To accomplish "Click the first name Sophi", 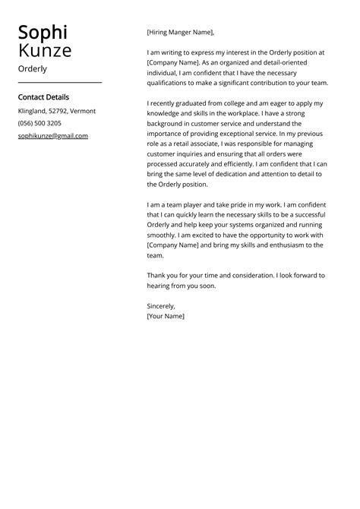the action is [43, 32].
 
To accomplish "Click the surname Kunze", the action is [45, 51].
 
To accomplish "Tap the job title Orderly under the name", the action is [33, 69].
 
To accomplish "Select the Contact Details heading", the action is [43, 97].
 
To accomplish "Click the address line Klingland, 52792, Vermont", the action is [57, 111].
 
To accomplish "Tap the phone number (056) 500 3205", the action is [39, 123].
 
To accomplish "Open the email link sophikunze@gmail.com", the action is [53, 136].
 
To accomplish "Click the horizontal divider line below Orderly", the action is [59, 82].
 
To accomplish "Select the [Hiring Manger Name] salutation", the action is [181, 33].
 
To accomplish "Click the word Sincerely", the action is [161, 306].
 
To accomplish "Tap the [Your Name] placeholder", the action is [166, 316].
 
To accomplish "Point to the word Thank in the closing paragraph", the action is [156, 275].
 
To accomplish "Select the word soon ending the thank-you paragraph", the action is [207, 286].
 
